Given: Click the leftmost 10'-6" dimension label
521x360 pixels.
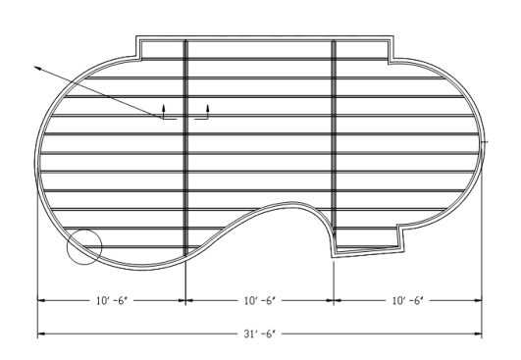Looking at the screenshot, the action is pyautogui.click(x=112, y=301).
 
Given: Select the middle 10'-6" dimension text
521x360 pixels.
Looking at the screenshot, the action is pyautogui.click(x=260, y=301).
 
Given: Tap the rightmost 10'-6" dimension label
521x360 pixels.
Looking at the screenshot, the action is pyautogui.click(x=408, y=301).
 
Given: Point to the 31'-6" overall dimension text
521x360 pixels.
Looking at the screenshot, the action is pyautogui.click(x=260, y=334).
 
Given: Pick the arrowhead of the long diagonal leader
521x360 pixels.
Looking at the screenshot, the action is pyautogui.click(x=37, y=68).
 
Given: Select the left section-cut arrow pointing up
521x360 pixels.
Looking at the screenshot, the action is pyautogui.click(x=164, y=108).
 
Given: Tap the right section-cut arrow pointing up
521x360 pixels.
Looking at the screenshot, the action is pyautogui.click(x=208, y=108).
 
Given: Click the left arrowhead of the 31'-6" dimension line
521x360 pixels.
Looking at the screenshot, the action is pyautogui.click(x=41, y=334).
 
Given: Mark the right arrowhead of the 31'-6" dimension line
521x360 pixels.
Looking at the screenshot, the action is pyautogui.click(x=478, y=334).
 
